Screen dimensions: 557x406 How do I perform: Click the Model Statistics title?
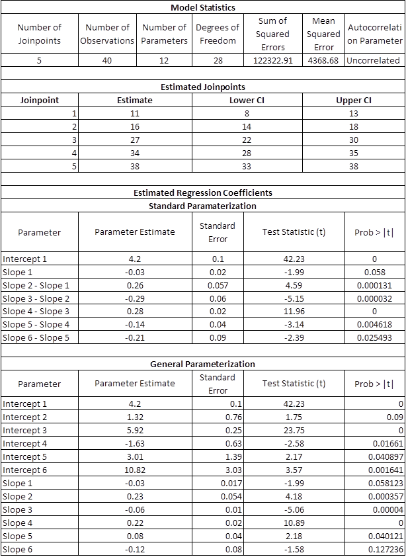coord(203,7)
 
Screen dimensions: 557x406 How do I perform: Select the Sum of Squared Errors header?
coord(273,34)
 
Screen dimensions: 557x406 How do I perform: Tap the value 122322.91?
coord(273,60)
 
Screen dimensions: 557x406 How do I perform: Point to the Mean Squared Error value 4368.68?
coord(324,60)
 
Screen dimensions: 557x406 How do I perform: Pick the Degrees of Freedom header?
coord(218,34)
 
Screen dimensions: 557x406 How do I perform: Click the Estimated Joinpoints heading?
coord(203,87)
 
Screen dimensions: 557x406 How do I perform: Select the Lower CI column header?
coord(246,100)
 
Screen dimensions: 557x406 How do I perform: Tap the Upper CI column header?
coord(353,100)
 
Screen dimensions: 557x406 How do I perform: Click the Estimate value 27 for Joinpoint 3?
coord(134,140)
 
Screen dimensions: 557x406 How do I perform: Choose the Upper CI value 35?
coord(353,153)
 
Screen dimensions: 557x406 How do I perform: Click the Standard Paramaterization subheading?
coord(203,206)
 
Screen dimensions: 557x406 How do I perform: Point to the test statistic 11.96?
coord(294,312)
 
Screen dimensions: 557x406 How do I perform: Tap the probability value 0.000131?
coord(375,285)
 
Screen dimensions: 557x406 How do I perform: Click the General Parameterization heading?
coord(203,364)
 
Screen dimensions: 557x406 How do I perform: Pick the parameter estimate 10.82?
coord(134,470)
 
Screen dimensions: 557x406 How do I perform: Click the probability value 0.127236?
coord(387,549)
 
